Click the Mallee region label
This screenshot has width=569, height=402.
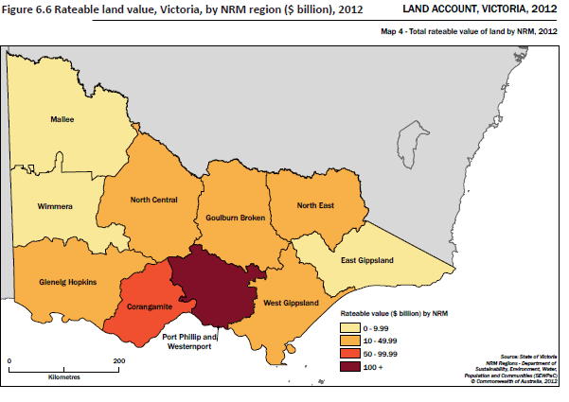62,120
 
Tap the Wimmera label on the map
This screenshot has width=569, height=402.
57,204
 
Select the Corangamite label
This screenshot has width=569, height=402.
147,307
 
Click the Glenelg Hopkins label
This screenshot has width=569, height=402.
67,282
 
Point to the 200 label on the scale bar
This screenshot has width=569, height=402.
119,360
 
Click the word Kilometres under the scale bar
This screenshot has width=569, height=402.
63,376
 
